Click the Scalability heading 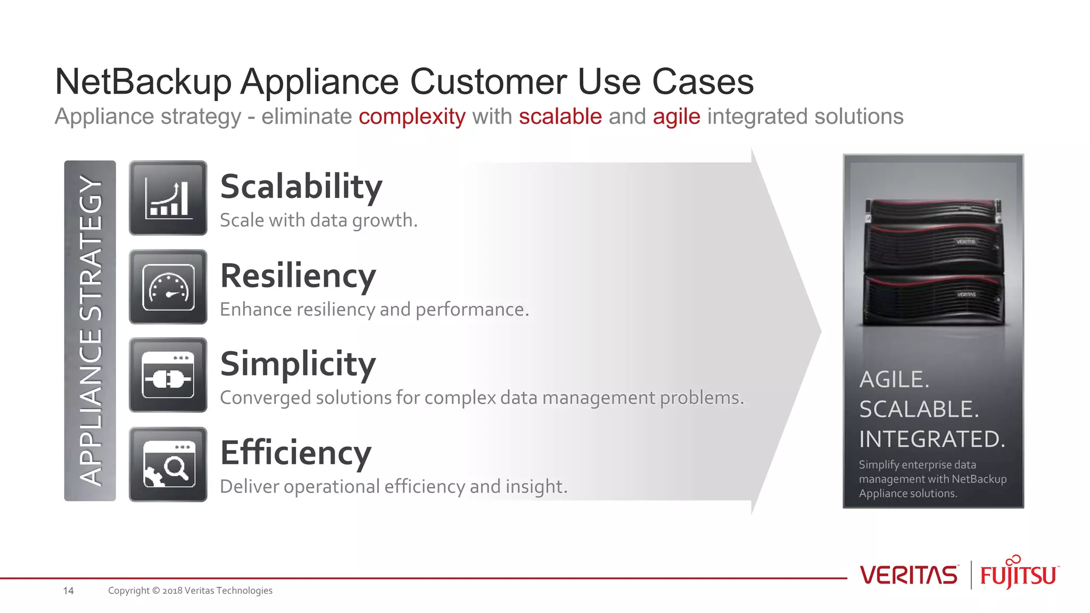click(x=301, y=187)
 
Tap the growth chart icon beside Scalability click(x=168, y=198)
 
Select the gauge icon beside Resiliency click(x=168, y=287)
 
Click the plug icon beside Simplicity click(x=168, y=375)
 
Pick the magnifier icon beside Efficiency click(x=168, y=464)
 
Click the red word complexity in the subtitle click(x=412, y=117)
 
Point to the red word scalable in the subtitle click(x=560, y=117)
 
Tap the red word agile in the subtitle click(x=676, y=117)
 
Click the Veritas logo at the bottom click(x=909, y=575)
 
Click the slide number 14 click(x=68, y=591)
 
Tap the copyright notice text click(x=190, y=591)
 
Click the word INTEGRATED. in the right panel click(x=932, y=440)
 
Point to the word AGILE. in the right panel click(x=894, y=380)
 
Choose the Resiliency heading click(x=298, y=276)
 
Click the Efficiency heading click(x=295, y=453)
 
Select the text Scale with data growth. click(x=318, y=220)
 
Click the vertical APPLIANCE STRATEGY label click(x=90, y=330)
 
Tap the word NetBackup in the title click(x=143, y=82)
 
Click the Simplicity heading click(x=298, y=364)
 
